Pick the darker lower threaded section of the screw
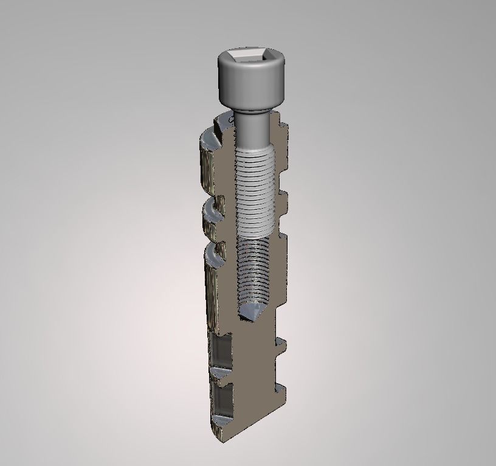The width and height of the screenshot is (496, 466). pyautogui.click(x=253, y=268)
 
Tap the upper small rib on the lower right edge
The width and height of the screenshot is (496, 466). pyautogui.click(x=281, y=343)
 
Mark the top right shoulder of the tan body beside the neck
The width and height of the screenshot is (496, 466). pyautogui.click(x=277, y=125)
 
